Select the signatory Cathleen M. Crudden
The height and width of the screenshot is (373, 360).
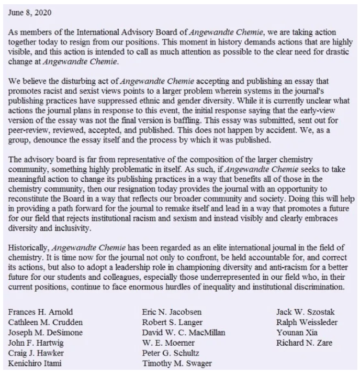pyautogui.click(x=46, y=322)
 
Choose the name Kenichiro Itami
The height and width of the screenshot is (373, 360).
pyautogui.click(x=35, y=364)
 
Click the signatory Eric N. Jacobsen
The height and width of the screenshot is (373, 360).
pyautogui.click(x=172, y=312)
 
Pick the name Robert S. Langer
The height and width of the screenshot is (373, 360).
pyautogui.click(x=172, y=322)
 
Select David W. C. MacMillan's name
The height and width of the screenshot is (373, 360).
pyautogui.click(x=183, y=333)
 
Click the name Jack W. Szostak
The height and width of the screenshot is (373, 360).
pyautogui.click(x=303, y=312)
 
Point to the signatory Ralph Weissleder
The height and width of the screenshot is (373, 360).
pyautogui.click(x=307, y=322)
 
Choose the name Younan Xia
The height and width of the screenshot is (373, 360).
pyautogui.click(x=295, y=333)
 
